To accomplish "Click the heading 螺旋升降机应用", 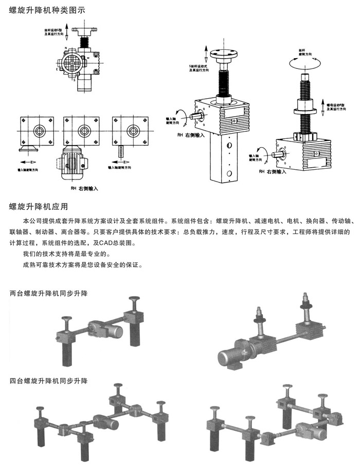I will click(x=39, y=207).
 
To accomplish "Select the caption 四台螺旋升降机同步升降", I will click(x=49, y=381).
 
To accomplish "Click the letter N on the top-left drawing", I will click(x=66, y=48).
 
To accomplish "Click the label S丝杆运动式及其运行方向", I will click(x=199, y=68).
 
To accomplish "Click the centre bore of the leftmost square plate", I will click(x=38, y=131).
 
